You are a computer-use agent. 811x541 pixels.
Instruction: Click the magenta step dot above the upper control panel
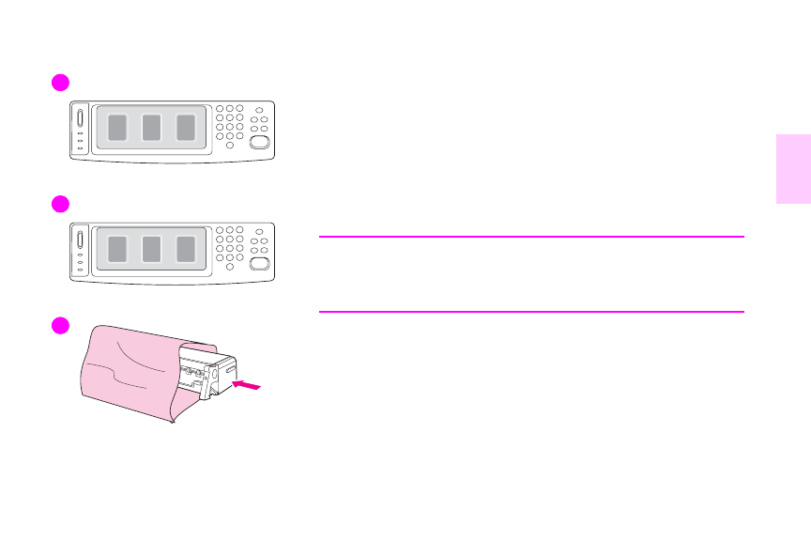click(x=61, y=83)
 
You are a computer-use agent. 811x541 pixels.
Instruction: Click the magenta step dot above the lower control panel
click(x=61, y=205)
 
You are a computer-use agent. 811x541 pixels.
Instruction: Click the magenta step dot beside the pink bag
click(x=61, y=325)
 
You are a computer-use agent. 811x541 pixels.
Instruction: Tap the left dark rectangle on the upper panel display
click(x=116, y=128)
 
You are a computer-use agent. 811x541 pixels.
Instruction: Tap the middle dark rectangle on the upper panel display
click(x=151, y=128)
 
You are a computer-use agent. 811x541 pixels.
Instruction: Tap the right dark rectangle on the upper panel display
click(x=186, y=128)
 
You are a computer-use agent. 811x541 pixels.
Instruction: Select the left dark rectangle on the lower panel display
click(x=116, y=249)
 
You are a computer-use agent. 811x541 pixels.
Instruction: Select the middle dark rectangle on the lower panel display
click(x=151, y=249)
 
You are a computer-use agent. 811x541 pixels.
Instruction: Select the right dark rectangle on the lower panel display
click(x=186, y=249)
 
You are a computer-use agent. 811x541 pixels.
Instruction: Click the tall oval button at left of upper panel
click(x=80, y=119)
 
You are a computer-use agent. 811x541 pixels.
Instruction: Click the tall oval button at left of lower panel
click(x=80, y=240)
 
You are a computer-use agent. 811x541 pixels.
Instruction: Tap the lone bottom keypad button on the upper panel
click(x=229, y=146)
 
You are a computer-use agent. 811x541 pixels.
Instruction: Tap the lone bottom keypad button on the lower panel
click(x=229, y=267)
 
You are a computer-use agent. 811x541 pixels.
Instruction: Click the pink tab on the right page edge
click(x=793, y=169)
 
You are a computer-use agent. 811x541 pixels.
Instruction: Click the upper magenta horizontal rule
click(x=531, y=237)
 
